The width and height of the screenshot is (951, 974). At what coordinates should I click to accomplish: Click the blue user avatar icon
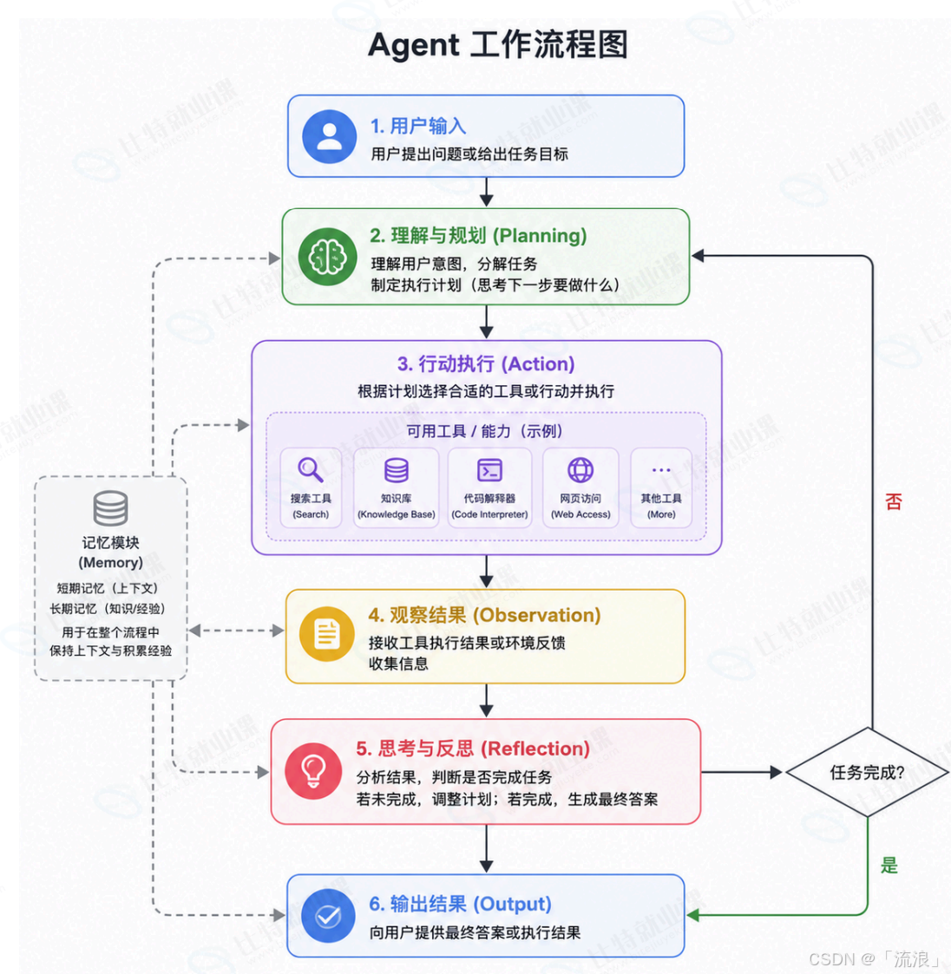[330, 137]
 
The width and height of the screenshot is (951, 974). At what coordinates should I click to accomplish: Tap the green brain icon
[328, 257]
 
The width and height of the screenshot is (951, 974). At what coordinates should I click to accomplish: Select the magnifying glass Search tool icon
[310, 469]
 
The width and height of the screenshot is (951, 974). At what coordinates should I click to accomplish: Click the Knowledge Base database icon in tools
[396, 470]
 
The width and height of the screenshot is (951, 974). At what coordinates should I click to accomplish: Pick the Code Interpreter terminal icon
[489, 470]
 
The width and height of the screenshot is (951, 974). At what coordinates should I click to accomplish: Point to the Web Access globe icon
[580, 470]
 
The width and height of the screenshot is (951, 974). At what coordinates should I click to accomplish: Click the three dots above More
[661, 470]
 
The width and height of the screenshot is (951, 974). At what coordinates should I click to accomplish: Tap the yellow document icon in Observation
[327, 634]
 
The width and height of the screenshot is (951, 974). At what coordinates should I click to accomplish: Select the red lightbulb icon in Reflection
[313, 771]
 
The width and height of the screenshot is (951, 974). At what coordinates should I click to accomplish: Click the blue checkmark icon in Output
[328, 916]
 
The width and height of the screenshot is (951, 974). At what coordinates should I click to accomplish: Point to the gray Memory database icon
[111, 508]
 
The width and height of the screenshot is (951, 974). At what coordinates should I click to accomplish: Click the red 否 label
[893, 501]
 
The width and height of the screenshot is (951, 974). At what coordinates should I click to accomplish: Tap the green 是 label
[889, 865]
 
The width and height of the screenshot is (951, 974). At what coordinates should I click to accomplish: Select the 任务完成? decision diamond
[868, 772]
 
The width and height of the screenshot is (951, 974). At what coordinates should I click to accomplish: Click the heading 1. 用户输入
[418, 126]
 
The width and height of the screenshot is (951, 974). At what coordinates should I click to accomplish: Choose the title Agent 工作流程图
[498, 45]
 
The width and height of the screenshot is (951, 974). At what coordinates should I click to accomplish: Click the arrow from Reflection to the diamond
[741, 772]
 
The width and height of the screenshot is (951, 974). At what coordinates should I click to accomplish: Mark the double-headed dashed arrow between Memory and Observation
[236, 631]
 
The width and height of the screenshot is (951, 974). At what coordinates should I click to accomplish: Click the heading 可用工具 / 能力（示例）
[485, 431]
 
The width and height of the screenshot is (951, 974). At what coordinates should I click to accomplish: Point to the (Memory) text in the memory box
[111, 562]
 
